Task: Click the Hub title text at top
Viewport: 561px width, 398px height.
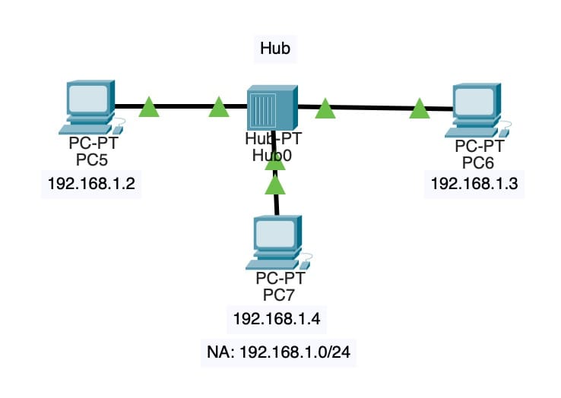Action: click(276, 49)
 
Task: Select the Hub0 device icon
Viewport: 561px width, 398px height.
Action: click(271, 109)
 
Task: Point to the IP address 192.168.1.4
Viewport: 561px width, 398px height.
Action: click(277, 318)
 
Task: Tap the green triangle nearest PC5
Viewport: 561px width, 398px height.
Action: click(150, 109)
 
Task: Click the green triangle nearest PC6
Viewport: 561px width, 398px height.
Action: click(419, 110)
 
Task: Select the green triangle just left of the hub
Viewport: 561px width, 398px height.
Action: click(219, 109)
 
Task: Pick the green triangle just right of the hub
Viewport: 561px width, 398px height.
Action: click(325, 110)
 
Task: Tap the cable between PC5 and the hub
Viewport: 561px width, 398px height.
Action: click(184, 107)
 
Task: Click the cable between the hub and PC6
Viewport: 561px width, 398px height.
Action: click(372, 108)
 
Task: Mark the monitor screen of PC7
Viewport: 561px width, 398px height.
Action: click(274, 235)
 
